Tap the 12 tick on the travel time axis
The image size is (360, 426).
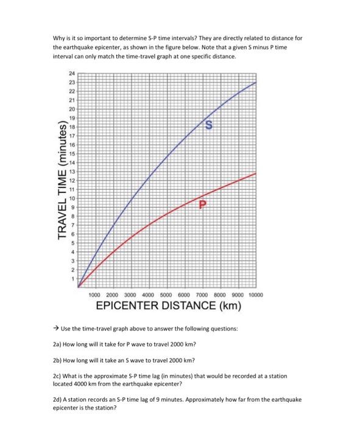(x=72, y=181)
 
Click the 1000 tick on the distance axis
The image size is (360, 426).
(x=98, y=294)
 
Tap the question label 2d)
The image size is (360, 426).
(x=60, y=399)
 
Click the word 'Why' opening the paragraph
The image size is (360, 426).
(x=59, y=38)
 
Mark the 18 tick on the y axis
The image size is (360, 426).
(x=72, y=126)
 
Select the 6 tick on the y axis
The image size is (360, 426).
(x=72, y=234)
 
